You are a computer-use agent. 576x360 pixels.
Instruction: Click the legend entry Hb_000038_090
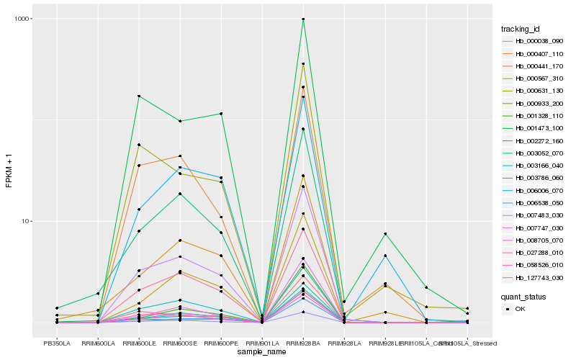[533, 41]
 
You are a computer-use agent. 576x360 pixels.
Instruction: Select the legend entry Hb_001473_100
[533, 128]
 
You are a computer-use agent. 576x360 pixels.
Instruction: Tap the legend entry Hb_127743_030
[533, 277]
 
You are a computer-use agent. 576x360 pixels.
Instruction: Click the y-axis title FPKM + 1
[9, 172]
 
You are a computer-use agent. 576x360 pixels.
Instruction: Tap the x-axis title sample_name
[261, 352]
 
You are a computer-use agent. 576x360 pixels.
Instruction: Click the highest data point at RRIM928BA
[303, 19]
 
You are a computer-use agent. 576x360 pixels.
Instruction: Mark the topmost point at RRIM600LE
[139, 96]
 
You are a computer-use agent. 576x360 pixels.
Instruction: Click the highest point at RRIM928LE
[385, 234]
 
